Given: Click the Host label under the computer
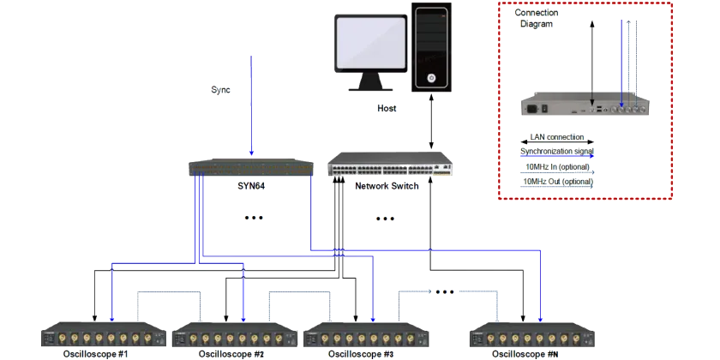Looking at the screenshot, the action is pos(387,109).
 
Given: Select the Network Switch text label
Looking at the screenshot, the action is pos(387,186).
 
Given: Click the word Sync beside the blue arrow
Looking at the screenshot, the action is pos(220,90).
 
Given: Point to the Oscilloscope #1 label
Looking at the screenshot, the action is pos(95,354).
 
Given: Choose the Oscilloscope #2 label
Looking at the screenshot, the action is pos(231,354).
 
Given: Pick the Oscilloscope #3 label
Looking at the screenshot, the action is pos(362,354).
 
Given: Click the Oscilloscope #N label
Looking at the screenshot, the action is pos(525,354).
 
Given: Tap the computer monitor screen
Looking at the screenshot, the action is pos(370,44).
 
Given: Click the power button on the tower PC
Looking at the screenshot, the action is pos(431,78).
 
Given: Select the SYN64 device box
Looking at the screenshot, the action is pos(251,168).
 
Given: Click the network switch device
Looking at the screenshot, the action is pos(390,164).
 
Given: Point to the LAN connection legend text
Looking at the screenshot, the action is pos(557,137).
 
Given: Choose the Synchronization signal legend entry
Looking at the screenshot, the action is pos(557,151).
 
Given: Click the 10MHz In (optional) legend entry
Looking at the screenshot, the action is pos(557,166).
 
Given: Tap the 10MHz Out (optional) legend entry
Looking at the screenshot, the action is pos(558,182).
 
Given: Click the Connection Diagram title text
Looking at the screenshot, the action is pos(537,18).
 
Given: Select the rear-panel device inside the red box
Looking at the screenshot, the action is pos(585,106).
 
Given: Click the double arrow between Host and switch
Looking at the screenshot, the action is pos(430,121).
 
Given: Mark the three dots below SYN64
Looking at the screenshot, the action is pos(254,218).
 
